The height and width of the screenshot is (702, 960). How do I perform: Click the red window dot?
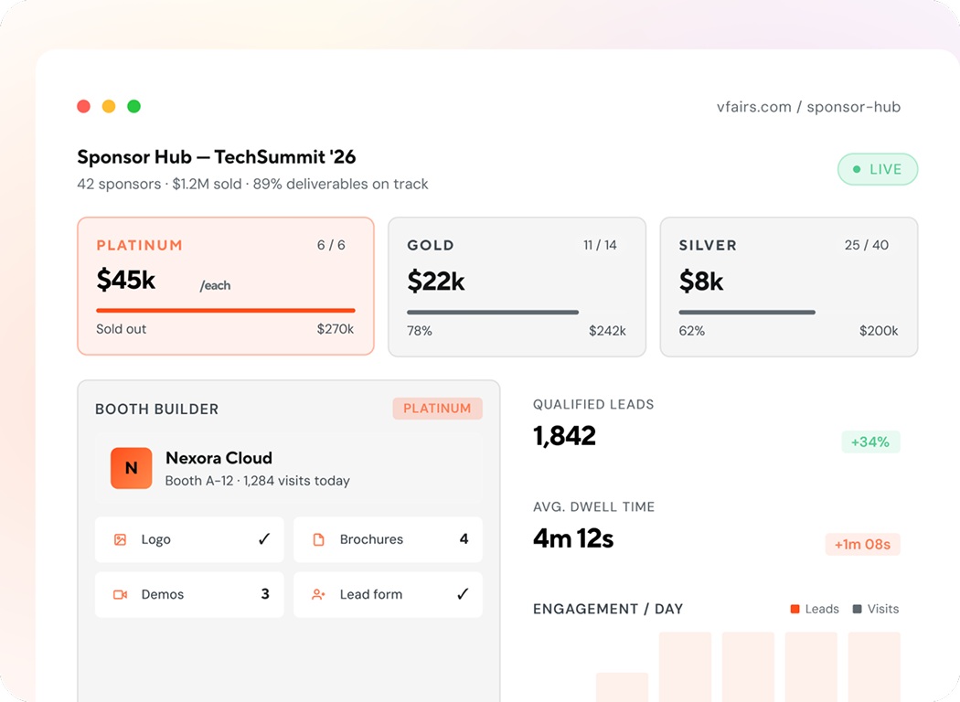pos(84,107)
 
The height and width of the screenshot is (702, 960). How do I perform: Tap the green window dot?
pos(134,107)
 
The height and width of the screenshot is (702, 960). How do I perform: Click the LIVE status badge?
pos(878,169)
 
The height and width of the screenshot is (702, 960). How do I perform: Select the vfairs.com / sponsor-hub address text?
pos(808,107)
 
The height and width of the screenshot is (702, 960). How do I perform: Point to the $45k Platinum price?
pos(126,280)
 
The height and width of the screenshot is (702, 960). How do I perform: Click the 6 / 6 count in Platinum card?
pos(331,245)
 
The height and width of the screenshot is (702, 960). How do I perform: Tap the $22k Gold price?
pos(436,282)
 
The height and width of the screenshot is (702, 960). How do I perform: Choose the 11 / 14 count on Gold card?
pos(600,245)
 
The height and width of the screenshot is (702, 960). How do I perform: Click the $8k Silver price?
pos(701,282)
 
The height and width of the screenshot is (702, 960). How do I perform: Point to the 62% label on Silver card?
pos(692,331)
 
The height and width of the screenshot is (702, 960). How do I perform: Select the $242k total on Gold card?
pos(607,331)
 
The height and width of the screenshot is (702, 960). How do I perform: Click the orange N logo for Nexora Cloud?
pos(131,468)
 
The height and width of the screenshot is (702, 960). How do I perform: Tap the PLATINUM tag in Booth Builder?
pos(437,409)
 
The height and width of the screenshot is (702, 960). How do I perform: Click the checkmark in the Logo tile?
pos(264,539)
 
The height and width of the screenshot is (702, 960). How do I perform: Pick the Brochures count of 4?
pos(464,539)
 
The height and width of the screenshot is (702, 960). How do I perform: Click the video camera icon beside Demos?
pos(120,594)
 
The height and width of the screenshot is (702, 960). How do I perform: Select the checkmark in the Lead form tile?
pos(463,593)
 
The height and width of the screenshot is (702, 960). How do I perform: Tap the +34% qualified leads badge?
pos(870,441)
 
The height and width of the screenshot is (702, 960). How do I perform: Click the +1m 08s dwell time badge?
pos(863,544)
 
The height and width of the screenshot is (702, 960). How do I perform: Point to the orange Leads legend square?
pos(795,609)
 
